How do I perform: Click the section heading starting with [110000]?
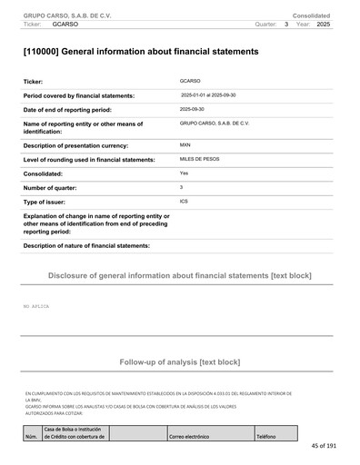click(141, 52)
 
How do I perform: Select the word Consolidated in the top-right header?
click(311, 16)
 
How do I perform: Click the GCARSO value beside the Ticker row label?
click(191, 82)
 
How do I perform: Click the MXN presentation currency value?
click(185, 144)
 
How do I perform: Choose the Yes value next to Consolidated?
click(184, 173)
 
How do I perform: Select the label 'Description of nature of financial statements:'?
click(85, 245)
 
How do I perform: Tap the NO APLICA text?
click(36, 307)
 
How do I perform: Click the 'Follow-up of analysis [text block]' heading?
click(179, 361)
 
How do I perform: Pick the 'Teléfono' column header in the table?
click(265, 437)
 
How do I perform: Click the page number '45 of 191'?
click(323, 446)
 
